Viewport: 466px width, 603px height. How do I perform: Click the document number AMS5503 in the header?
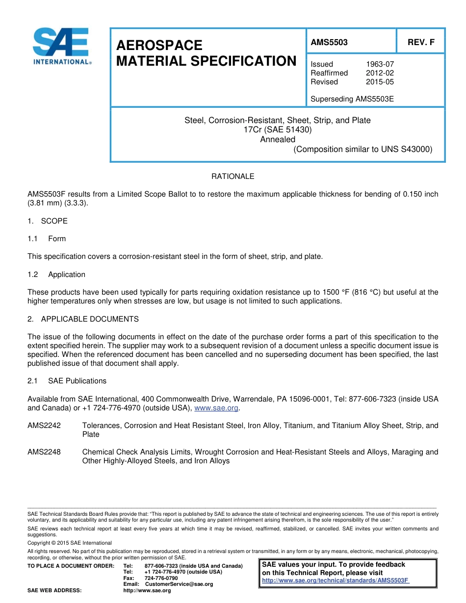click(329, 42)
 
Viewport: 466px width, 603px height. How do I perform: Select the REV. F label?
click(421, 42)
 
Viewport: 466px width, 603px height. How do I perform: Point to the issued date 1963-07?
click(380, 64)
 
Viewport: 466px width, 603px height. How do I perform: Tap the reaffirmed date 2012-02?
click(380, 73)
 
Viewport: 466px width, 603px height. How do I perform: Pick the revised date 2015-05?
click(380, 82)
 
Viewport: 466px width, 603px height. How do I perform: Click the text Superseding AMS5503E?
click(352, 99)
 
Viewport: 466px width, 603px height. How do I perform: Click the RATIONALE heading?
click(233, 176)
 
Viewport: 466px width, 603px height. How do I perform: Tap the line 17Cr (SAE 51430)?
click(278, 130)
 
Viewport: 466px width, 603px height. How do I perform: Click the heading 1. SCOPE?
click(48, 221)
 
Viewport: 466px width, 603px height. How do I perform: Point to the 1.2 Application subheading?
click(56, 275)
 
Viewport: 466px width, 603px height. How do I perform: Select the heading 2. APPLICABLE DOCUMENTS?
click(83, 319)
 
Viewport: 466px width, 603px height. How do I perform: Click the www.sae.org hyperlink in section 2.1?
click(216, 408)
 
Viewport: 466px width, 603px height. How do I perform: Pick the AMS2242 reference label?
click(44, 426)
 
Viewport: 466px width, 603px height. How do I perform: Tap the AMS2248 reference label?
click(44, 452)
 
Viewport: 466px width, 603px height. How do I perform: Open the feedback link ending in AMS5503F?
click(336, 580)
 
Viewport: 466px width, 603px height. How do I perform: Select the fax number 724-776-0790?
click(161, 578)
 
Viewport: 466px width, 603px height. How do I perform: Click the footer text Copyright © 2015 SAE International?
click(69, 543)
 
